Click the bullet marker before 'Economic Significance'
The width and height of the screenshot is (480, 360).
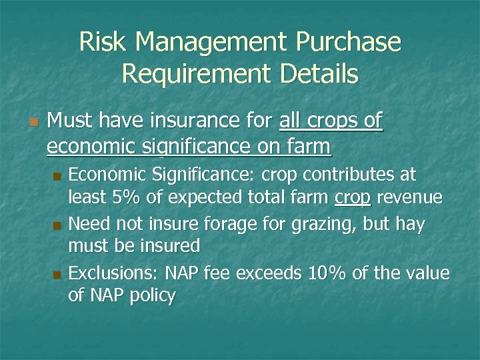tap(57, 177)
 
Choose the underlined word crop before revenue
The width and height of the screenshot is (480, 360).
tap(353, 199)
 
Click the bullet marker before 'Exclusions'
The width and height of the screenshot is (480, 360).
tap(57, 273)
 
